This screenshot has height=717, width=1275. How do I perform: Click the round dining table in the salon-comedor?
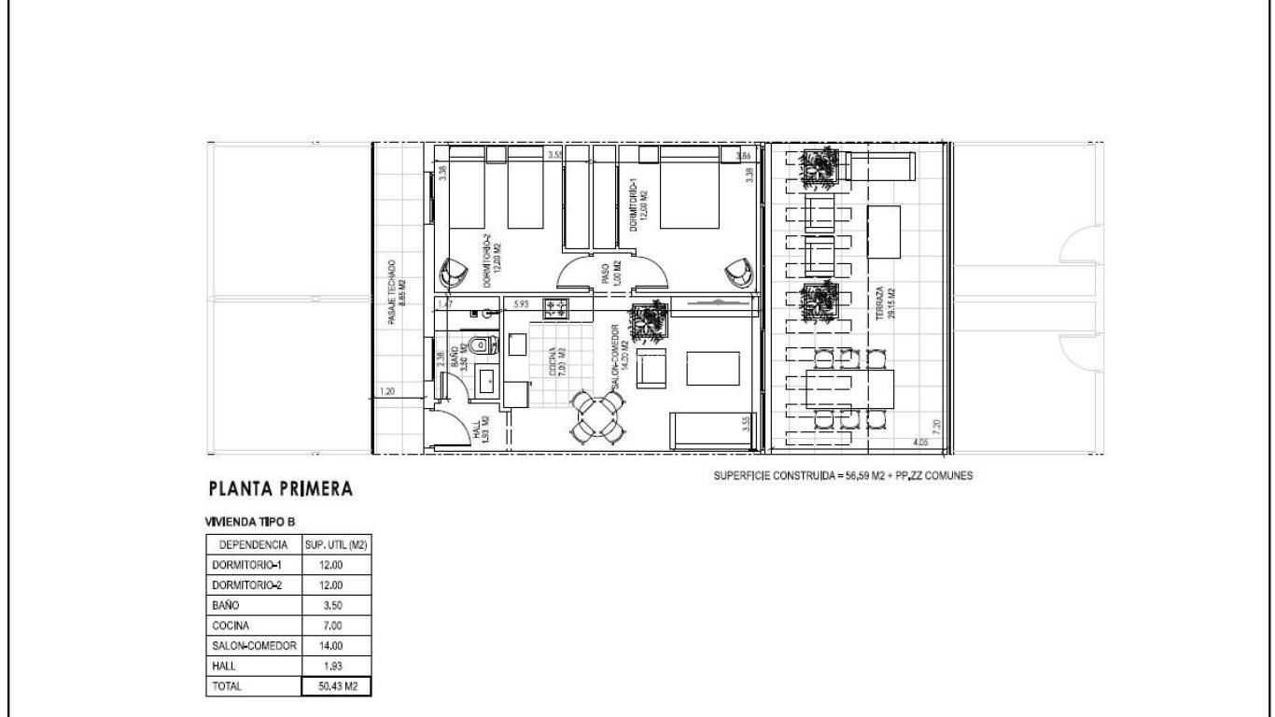click(x=598, y=416)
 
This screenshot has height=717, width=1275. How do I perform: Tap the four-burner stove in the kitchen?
click(x=556, y=308)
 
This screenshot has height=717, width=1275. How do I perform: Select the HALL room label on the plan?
click(x=480, y=430)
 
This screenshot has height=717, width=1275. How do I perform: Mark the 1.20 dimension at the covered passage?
click(x=387, y=392)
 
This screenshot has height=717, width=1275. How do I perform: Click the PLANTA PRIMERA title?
click(x=281, y=488)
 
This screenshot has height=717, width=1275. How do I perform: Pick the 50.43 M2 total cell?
click(x=336, y=686)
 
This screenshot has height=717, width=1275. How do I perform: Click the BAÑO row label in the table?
click(x=227, y=605)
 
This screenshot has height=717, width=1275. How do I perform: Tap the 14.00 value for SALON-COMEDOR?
click(x=336, y=645)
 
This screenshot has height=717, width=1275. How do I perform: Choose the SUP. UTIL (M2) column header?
click(x=336, y=544)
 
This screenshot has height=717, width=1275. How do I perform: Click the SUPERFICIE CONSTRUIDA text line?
click(x=843, y=475)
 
